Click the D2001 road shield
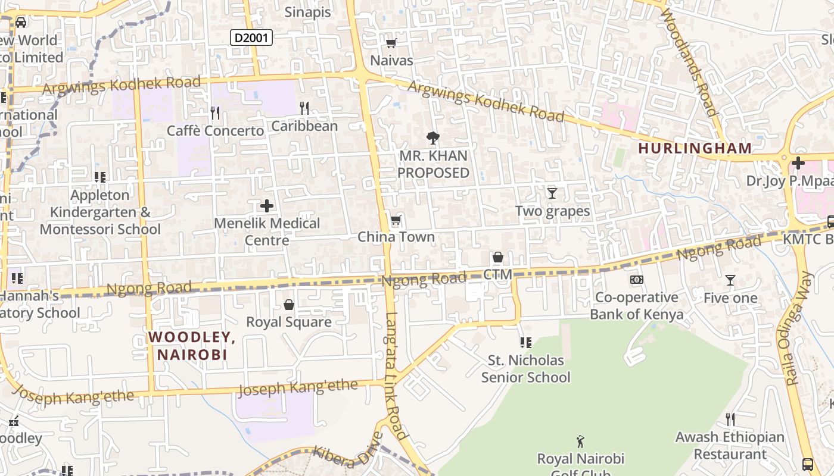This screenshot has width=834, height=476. [251, 38]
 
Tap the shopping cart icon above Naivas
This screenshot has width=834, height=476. [391, 43]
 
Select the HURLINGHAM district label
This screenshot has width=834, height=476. [694, 148]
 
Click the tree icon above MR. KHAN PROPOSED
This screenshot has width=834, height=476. [433, 138]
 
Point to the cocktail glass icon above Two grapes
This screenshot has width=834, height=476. [552, 193]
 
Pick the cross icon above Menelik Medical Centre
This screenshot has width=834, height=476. [267, 206]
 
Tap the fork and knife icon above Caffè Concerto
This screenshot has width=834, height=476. [215, 112]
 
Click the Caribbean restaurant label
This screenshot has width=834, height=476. [304, 126]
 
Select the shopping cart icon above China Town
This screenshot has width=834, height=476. [396, 220]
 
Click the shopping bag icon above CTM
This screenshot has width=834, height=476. [498, 257]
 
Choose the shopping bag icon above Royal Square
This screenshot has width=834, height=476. [289, 305]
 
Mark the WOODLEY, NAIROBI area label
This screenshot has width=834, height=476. [192, 346]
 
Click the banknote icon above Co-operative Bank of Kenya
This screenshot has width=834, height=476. [636, 280]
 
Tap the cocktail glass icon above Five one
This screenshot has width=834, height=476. [730, 280]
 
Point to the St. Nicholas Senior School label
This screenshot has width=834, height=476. [525, 369]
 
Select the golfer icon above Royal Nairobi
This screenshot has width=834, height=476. [581, 441]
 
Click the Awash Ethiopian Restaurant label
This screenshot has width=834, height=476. [730, 446]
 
